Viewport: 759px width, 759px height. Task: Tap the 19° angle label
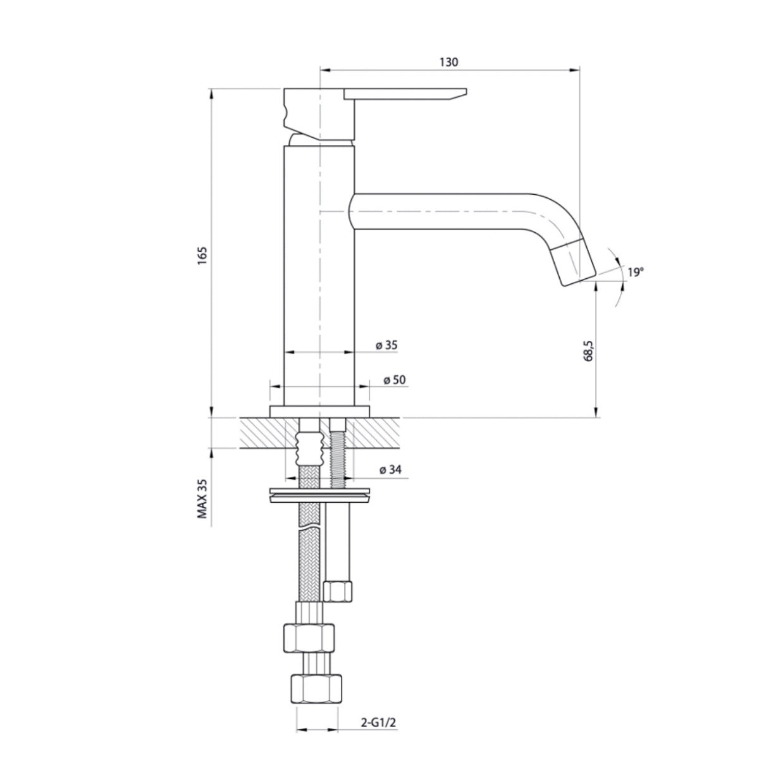pos(635,273)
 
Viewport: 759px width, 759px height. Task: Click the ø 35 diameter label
pos(386,345)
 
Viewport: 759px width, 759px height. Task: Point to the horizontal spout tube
pos(443,211)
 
